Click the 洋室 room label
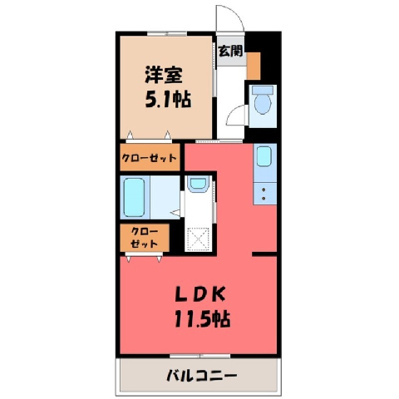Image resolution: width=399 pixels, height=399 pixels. point(164,75)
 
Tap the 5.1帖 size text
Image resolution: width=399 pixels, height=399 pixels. point(168,100)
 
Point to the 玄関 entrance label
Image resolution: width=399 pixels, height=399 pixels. point(230,51)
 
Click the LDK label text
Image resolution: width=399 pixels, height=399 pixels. point(200,296)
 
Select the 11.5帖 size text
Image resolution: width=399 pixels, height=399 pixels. point(202,319)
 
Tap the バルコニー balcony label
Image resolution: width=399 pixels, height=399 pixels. point(201,376)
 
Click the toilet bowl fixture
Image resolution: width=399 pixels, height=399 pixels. point(263,101)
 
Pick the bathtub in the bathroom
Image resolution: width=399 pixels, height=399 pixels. point(134,197)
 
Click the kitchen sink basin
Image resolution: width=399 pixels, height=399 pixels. point(264,156)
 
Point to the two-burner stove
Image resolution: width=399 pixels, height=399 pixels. point(264,194)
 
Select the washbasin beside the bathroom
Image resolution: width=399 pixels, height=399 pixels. point(197,184)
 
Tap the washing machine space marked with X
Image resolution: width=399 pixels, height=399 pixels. point(198,239)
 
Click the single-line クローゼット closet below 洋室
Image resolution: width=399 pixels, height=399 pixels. point(150,158)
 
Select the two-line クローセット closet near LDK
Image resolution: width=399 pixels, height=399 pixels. point(145,238)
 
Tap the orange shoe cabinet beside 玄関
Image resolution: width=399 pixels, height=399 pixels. point(254,66)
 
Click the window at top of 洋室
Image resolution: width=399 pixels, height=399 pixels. point(167,34)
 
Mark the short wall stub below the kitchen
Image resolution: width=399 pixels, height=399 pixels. point(264,254)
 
